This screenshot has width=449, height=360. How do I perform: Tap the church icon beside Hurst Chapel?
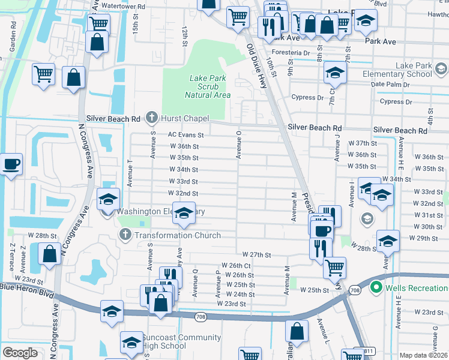coord(152,118)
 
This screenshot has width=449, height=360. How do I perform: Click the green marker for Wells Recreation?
coord(376,288)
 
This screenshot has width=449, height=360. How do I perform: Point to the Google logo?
coord(20,352)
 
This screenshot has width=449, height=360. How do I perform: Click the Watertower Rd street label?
coord(123,7)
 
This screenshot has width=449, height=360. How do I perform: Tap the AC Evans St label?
coord(186,136)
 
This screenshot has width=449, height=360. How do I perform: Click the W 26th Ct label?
coord(236,265)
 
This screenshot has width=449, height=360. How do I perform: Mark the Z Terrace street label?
coord(11,257)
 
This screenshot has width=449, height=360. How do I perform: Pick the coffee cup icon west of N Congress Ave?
coord(11,164)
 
